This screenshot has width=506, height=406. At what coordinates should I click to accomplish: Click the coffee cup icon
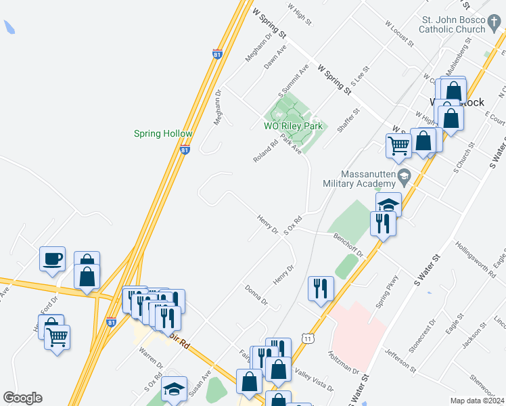click(52, 258)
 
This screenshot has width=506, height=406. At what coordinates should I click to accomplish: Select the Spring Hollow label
click(163, 134)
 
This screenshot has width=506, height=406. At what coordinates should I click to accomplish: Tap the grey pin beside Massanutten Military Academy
click(405, 177)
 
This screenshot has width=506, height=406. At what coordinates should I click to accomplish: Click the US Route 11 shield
click(308, 338)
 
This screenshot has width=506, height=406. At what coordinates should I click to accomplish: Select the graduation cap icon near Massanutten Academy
click(389, 204)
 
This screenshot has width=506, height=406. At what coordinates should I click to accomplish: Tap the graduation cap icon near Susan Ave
click(174, 389)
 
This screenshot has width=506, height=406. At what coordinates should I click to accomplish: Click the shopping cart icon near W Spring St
click(398, 144)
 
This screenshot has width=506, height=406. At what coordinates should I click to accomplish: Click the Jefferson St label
click(400, 359)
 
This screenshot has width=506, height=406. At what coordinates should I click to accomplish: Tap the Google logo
click(22, 398)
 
